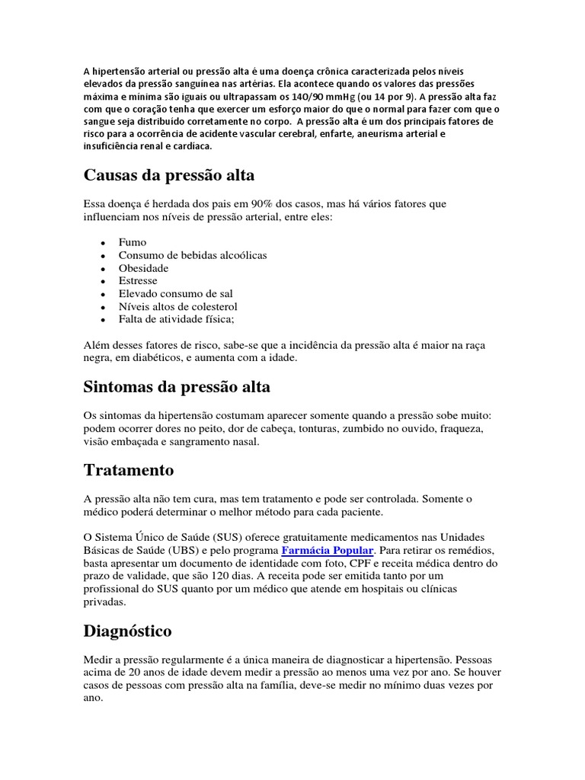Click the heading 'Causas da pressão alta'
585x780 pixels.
pyautogui.click(x=168, y=175)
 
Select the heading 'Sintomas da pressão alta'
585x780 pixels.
pyautogui.click(x=176, y=387)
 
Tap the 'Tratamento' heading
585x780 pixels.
pyautogui.click(x=128, y=469)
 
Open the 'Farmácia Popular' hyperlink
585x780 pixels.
pyautogui.click(x=328, y=550)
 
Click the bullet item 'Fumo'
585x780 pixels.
pyautogui.click(x=132, y=242)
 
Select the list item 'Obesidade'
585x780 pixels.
pyautogui.click(x=143, y=268)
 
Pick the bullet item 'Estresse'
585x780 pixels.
pyautogui.click(x=138, y=280)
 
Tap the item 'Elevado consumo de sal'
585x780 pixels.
pyautogui.click(x=175, y=293)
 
